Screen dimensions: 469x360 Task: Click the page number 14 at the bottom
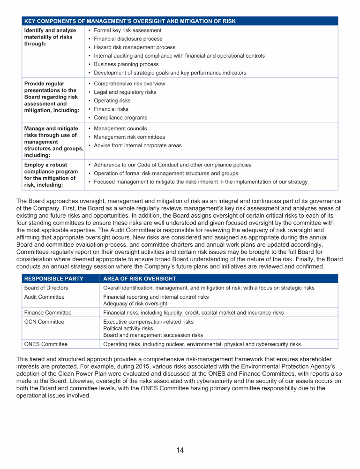click(180, 450)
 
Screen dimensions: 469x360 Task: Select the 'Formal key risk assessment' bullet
click(127, 30)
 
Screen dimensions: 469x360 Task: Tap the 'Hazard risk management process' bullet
click(135, 47)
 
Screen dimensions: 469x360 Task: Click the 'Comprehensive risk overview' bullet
click(129, 84)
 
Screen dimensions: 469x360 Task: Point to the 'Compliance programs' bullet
click(120, 118)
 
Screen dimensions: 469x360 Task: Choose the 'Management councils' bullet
click(120, 129)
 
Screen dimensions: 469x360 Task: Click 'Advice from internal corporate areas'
click(138, 145)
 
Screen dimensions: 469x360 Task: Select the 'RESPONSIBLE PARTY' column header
click(53, 279)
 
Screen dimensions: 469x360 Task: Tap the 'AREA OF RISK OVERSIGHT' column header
click(139, 279)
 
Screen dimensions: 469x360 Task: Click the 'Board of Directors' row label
click(46, 287)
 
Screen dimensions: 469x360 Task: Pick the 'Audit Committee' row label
click(44, 297)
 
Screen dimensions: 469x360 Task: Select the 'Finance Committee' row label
click(47, 312)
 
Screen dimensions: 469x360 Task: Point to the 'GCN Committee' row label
click(44, 322)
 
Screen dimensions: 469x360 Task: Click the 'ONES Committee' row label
click(45, 344)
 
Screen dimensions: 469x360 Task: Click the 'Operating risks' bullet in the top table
click(112, 101)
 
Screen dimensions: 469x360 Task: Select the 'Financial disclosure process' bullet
click(128, 39)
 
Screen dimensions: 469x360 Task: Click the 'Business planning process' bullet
click(126, 64)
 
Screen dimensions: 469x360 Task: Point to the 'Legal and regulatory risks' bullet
click(125, 92)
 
